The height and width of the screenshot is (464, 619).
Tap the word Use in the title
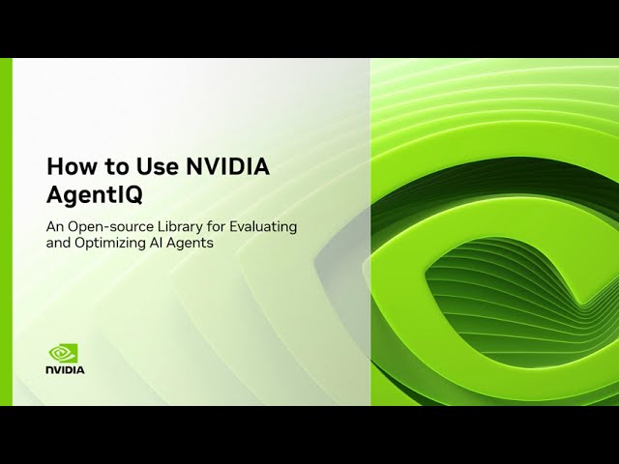(142, 166)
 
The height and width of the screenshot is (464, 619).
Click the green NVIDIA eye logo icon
(64, 354)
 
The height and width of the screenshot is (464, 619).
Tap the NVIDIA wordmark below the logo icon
(65, 370)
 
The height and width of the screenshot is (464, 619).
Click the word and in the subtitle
(60, 244)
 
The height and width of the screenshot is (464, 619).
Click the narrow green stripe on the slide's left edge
(6, 232)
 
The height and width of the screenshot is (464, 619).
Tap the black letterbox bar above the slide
(309, 29)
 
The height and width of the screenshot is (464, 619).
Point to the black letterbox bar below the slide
(309, 435)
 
